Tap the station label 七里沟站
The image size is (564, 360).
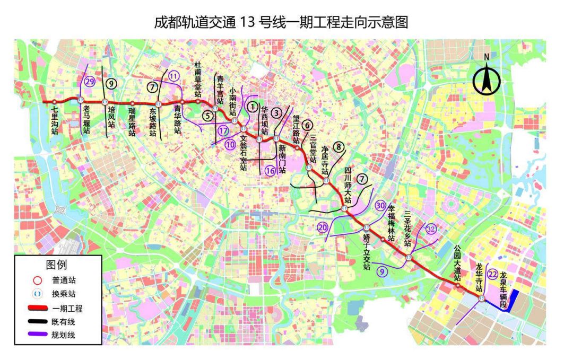click(55, 120)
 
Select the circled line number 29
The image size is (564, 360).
click(90, 81)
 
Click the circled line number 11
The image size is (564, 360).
click(173, 76)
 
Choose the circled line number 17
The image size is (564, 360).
click(223, 130)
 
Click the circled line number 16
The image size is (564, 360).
click(270, 171)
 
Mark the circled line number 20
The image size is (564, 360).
click(323, 228)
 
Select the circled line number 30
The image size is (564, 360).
click(380, 205)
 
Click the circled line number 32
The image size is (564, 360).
click(430, 229)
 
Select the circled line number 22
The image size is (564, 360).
click(492, 274)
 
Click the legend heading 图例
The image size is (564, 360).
click(56, 264)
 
